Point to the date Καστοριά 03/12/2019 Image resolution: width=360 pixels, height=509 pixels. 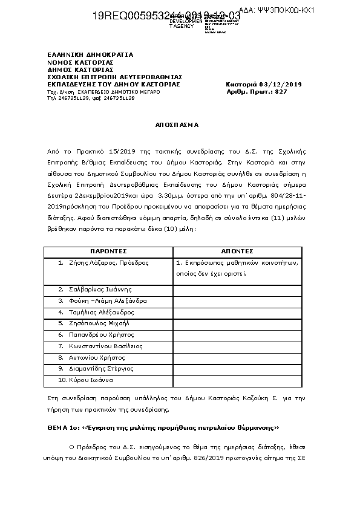[x=263, y=84]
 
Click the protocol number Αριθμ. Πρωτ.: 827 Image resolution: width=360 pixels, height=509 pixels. [x=257, y=91]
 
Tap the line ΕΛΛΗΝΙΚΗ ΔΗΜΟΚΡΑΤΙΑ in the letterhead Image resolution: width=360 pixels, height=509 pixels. [x=90, y=54]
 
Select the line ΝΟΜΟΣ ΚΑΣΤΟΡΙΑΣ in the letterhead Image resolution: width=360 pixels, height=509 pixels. [x=80, y=62]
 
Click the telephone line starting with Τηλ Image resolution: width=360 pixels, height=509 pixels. [x=91, y=98]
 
